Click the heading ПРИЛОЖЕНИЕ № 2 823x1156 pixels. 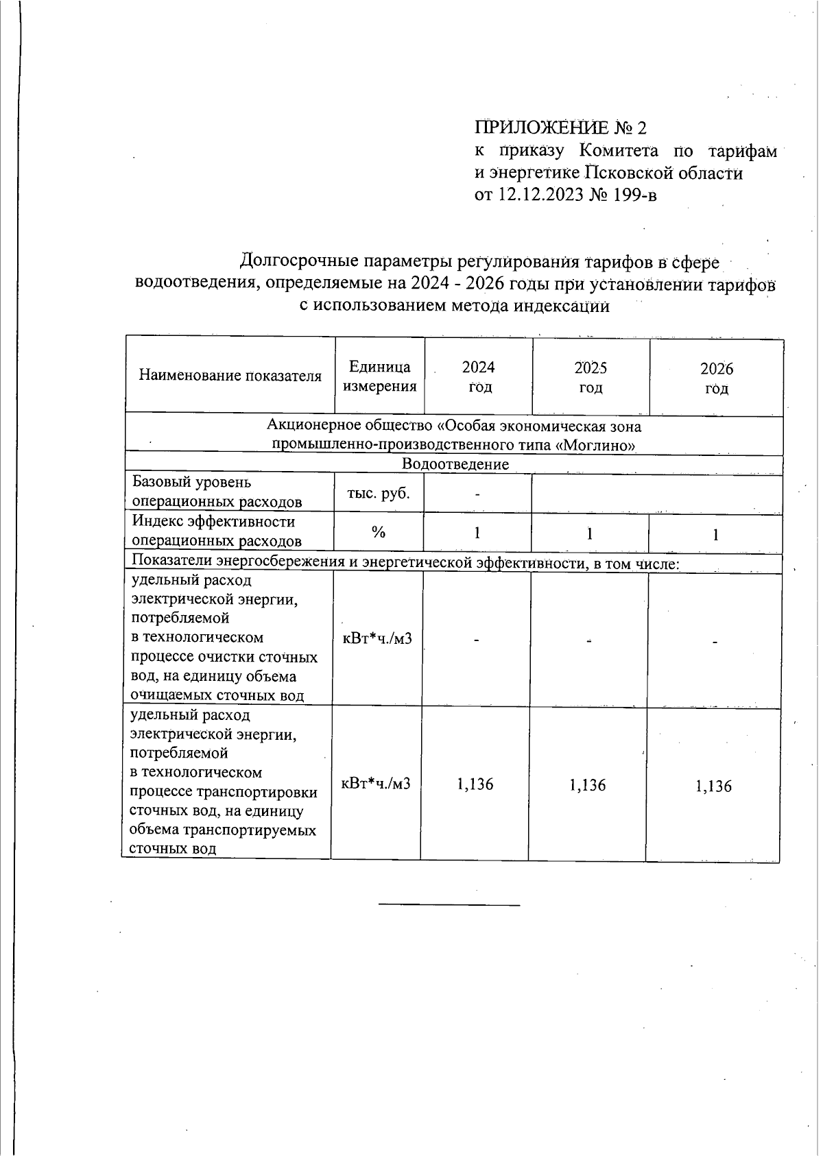[x=560, y=128]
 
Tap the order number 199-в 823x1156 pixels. [x=634, y=195]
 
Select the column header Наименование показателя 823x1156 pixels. [x=230, y=376]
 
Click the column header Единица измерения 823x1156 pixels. [x=379, y=376]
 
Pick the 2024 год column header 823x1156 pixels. [x=478, y=377]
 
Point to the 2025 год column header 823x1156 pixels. [x=591, y=378]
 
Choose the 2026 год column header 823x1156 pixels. [x=716, y=378]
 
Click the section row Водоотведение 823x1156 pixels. [x=455, y=464]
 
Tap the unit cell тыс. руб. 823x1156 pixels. [x=379, y=493]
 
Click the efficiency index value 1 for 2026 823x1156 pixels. [x=715, y=535]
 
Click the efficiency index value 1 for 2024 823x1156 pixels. [x=477, y=533]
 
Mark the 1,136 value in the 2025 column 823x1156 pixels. [x=588, y=785]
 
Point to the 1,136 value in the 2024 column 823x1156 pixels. [x=475, y=784]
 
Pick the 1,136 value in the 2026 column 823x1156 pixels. [x=713, y=786]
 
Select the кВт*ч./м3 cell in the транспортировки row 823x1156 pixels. [x=376, y=783]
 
